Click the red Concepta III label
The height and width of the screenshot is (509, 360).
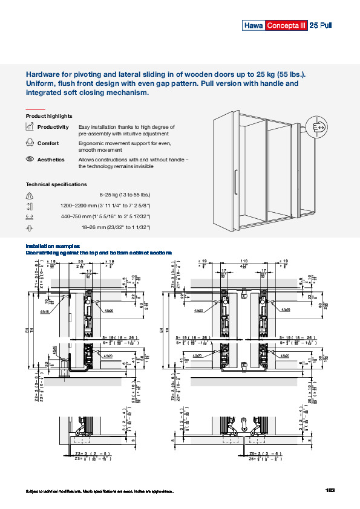(286, 25)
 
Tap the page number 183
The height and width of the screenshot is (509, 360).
(330, 490)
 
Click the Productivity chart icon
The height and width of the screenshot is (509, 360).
(30, 127)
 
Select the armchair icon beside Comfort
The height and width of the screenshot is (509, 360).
(30, 143)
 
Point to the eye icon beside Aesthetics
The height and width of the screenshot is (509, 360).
(30, 160)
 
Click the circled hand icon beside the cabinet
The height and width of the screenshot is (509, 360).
(319, 128)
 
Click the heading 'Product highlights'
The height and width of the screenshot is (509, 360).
(49, 115)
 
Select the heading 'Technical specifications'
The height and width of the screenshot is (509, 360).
(56, 184)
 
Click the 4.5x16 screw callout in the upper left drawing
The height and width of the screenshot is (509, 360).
(45, 312)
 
